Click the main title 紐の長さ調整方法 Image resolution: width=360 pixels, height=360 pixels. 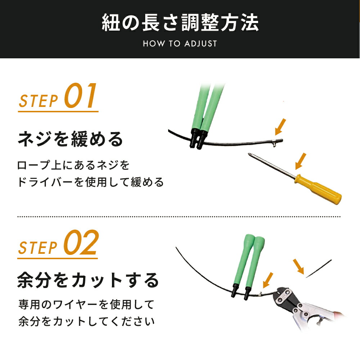coord(180,23)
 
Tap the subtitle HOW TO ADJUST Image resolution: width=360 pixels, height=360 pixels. coord(180,44)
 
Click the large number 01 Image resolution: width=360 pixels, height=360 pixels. coord(80,96)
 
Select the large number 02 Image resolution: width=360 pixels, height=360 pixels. coord(81,242)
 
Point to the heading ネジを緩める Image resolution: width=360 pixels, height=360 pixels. coord(71,139)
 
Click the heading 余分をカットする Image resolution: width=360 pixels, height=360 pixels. coord(88,280)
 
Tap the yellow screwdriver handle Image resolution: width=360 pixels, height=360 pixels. coord(318,189)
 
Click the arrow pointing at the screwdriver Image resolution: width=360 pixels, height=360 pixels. coord(301,161)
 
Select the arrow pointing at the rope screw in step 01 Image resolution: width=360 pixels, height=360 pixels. coord(280,127)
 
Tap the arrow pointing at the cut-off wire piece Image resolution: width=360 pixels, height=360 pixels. coord(298,266)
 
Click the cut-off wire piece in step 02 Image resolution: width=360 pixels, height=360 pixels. coord(319,269)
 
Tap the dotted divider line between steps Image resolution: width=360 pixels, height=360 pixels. coord(179,216)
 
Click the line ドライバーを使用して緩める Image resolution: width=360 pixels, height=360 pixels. coord(90,182)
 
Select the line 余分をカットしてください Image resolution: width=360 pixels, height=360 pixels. coord(86,321)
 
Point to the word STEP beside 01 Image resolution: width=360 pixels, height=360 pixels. coord(39,101)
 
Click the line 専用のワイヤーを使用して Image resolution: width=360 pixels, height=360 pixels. coord(86,305)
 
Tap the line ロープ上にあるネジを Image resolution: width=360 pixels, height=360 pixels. coord(73,165)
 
